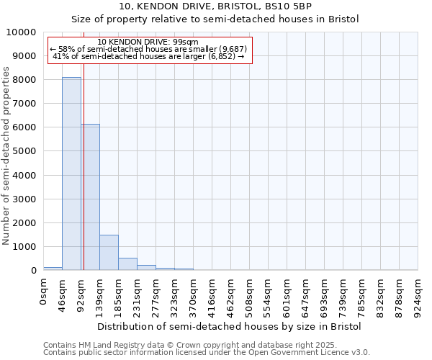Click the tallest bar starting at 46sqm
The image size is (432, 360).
tap(71, 174)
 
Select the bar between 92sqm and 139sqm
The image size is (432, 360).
tap(91, 197)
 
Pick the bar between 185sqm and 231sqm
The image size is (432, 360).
tap(127, 264)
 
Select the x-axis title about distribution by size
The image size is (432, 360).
tap(229, 326)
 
